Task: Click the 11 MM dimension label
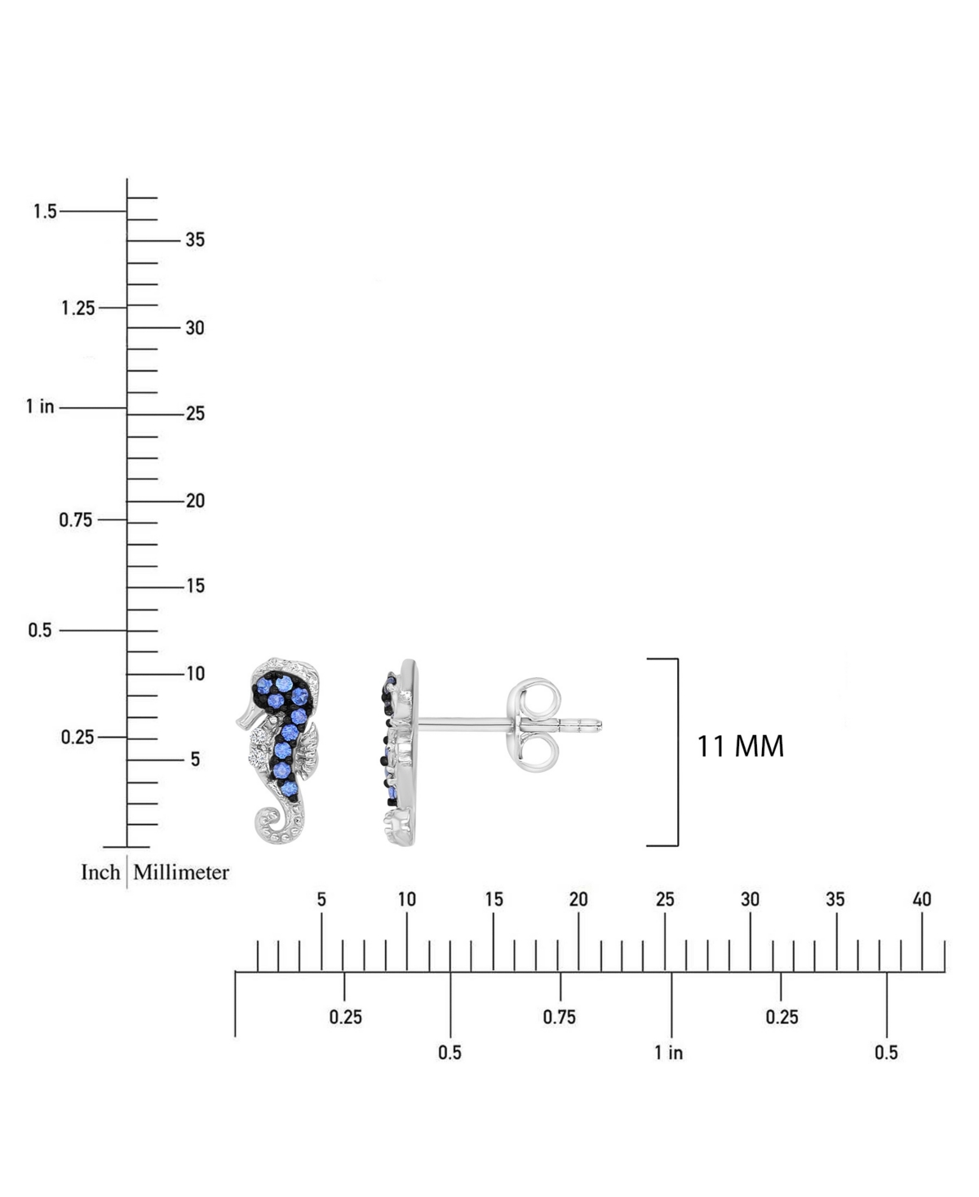click(x=740, y=747)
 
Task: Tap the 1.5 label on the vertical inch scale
click(x=45, y=211)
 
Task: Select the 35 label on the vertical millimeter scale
click(x=195, y=240)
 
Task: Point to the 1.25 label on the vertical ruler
click(x=78, y=308)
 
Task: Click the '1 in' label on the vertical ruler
click(x=40, y=406)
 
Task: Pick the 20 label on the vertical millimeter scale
click(x=195, y=501)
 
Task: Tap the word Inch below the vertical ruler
click(x=100, y=872)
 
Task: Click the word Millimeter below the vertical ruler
click(x=181, y=872)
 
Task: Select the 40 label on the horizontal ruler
click(x=922, y=899)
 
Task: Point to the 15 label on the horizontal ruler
click(x=494, y=899)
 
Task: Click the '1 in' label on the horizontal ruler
click(x=668, y=1053)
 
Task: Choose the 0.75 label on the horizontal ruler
click(x=559, y=1017)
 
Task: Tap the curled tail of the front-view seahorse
click(x=268, y=819)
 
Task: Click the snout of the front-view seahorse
click(x=246, y=720)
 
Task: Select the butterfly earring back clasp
click(x=534, y=725)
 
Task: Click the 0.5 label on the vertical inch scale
click(x=40, y=630)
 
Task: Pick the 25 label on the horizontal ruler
click(x=665, y=899)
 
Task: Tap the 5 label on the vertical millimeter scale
click(x=195, y=760)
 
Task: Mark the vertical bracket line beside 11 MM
click(x=678, y=752)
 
